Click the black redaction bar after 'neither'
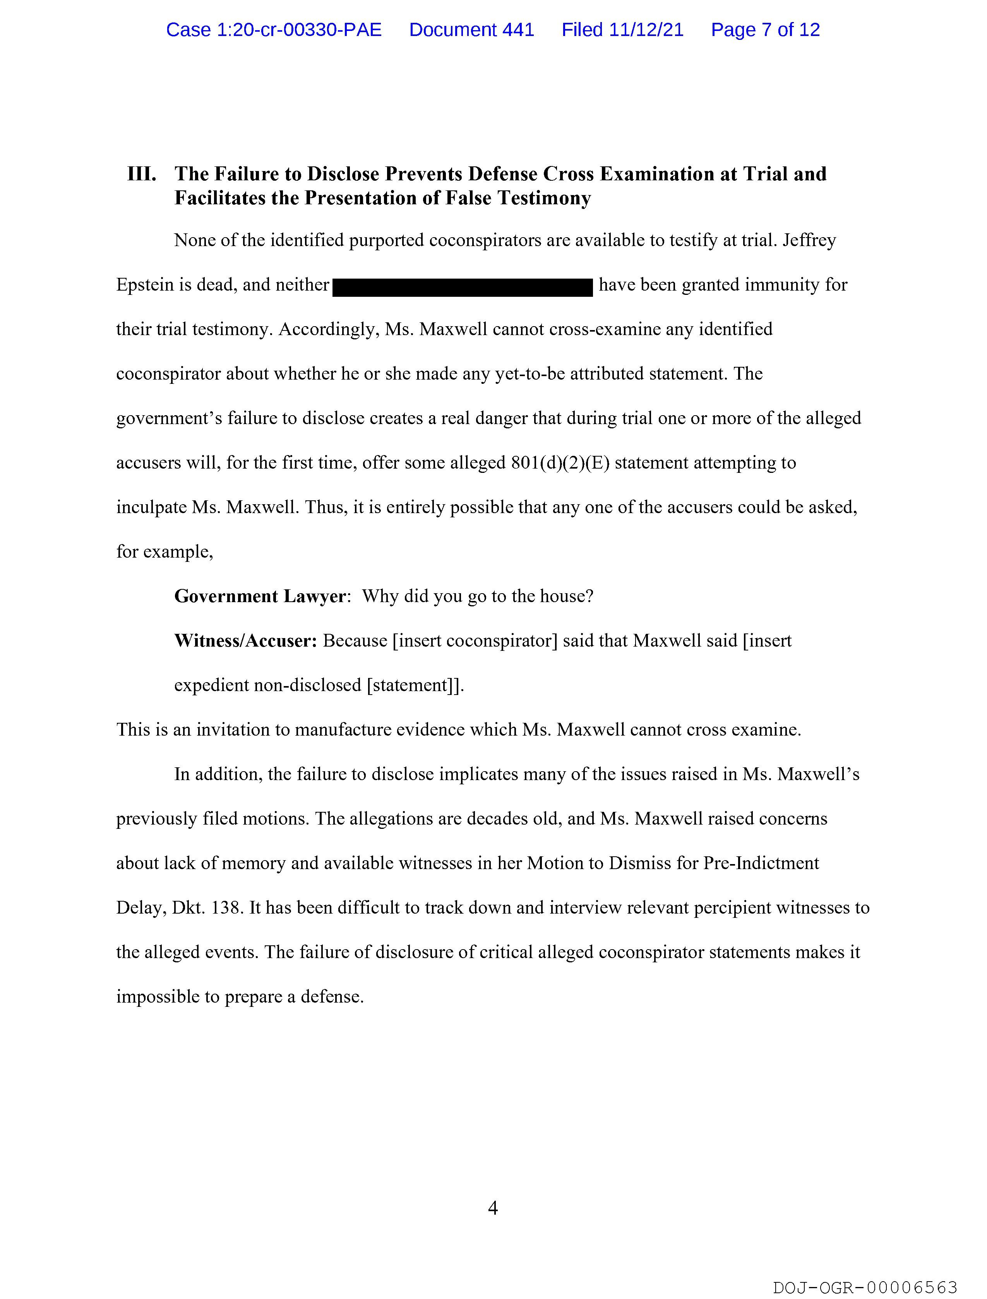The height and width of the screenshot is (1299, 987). tap(463, 287)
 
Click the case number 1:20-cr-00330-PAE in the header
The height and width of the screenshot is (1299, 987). tap(274, 30)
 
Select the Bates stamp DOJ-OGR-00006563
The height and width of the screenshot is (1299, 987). tap(865, 1287)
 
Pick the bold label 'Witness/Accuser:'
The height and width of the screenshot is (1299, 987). tap(245, 641)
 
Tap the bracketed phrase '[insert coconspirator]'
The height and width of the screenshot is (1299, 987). tap(475, 641)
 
